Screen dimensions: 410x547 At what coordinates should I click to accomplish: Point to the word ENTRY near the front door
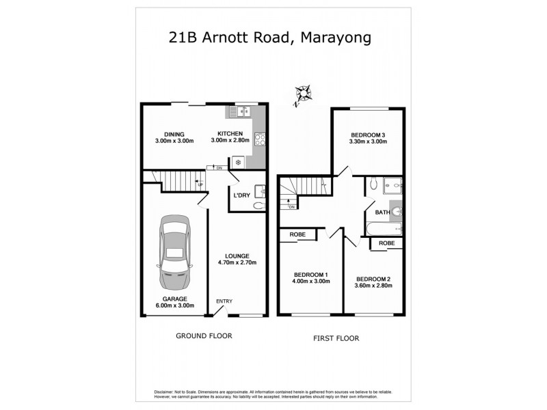(x=224, y=301)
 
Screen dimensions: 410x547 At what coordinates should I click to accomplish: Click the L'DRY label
(x=241, y=195)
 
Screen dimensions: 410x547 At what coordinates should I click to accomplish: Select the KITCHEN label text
(x=230, y=133)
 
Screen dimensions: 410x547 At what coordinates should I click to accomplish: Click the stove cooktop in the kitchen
(x=260, y=139)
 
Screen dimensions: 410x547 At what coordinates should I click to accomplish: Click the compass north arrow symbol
(x=300, y=94)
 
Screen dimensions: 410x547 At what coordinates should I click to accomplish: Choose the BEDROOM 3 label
(x=369, y=134)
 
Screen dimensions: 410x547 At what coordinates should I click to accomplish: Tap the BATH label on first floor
(x=382, y=213)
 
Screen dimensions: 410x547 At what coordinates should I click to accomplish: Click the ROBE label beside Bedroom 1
(x=297, y=234)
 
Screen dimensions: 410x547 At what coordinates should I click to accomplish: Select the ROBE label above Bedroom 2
(x=386, y=243)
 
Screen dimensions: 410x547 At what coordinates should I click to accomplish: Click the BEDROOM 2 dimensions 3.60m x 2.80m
(x=373, y=286)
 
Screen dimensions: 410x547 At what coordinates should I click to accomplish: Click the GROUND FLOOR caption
(x=204, y=336)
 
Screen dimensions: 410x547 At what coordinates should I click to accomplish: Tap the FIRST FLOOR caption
(x=336, y=338)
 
